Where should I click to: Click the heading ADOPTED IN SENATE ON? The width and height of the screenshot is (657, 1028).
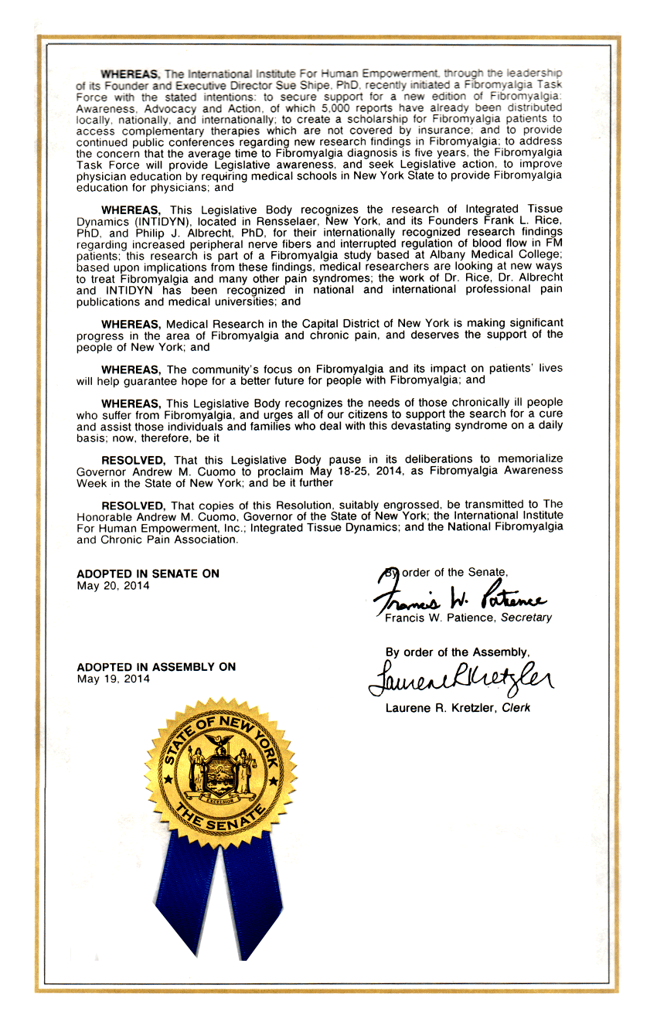[148, 574]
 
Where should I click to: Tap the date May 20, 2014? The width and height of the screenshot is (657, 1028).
[113, 585]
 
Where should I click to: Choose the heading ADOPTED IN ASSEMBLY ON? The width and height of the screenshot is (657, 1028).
[156, 667]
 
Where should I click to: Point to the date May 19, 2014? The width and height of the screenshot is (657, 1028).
[113, 679]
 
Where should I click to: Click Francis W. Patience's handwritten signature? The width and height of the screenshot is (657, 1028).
[460, 597]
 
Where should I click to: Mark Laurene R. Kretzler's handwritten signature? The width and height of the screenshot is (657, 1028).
[461, 678]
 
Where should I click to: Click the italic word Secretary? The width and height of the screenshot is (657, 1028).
[526, 618]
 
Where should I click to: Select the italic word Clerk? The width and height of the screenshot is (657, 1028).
[516, 708]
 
